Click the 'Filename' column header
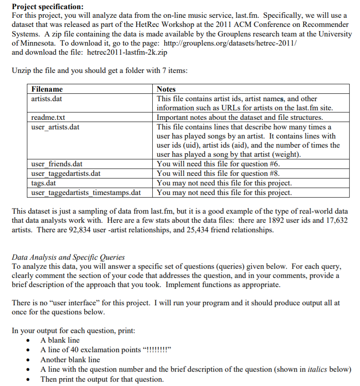coord(47,89)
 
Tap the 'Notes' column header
coord(166,89)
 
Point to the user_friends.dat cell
coord(57,164)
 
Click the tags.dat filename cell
coord(44,183)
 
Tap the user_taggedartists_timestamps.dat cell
coord(86,192)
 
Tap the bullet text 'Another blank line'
coord(70,360)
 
